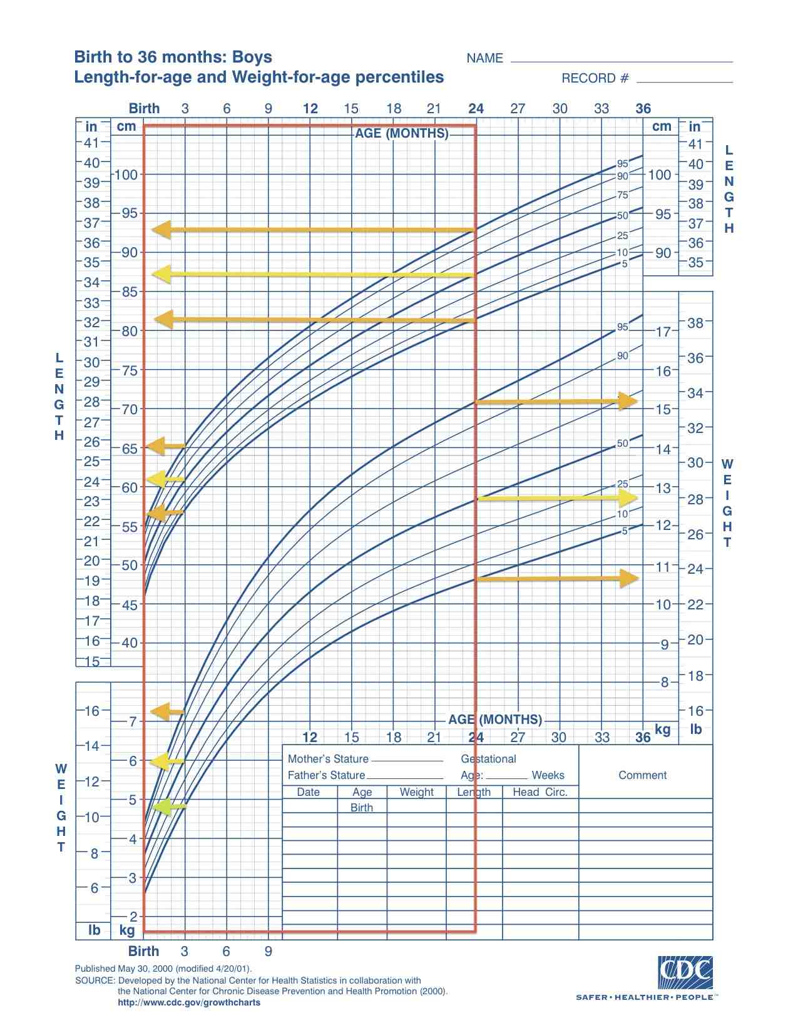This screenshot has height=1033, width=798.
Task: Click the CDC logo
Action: tap(685, 972)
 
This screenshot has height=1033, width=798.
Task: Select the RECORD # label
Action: tap(595, 78)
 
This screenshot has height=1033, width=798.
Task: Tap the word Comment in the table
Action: tap(642, 775)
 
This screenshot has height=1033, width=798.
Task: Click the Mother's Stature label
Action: tap(328, 759)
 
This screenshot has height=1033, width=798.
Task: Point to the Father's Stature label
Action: tap(326, 775)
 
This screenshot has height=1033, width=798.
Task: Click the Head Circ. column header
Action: tap(540, 792)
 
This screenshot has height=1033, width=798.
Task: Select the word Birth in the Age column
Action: tap(362, 808)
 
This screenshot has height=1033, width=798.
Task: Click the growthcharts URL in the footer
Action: tap(189, 1002)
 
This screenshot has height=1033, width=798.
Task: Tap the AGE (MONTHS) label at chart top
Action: tap(402, 133)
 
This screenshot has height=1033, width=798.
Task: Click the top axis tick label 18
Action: tap(393, 109)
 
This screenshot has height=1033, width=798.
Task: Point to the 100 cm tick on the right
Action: tap(659, 175)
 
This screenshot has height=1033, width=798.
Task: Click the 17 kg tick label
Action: tap(663, 332)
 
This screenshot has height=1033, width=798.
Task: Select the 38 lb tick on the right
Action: tap(695, 323)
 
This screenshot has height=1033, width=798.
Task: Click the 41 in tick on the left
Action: tap(91, 143)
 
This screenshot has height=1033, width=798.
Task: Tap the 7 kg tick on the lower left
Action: tap(132, 721)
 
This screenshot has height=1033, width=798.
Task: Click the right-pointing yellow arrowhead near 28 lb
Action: tap(628, 498)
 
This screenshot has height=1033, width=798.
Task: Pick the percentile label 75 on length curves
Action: tap(622, 195)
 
